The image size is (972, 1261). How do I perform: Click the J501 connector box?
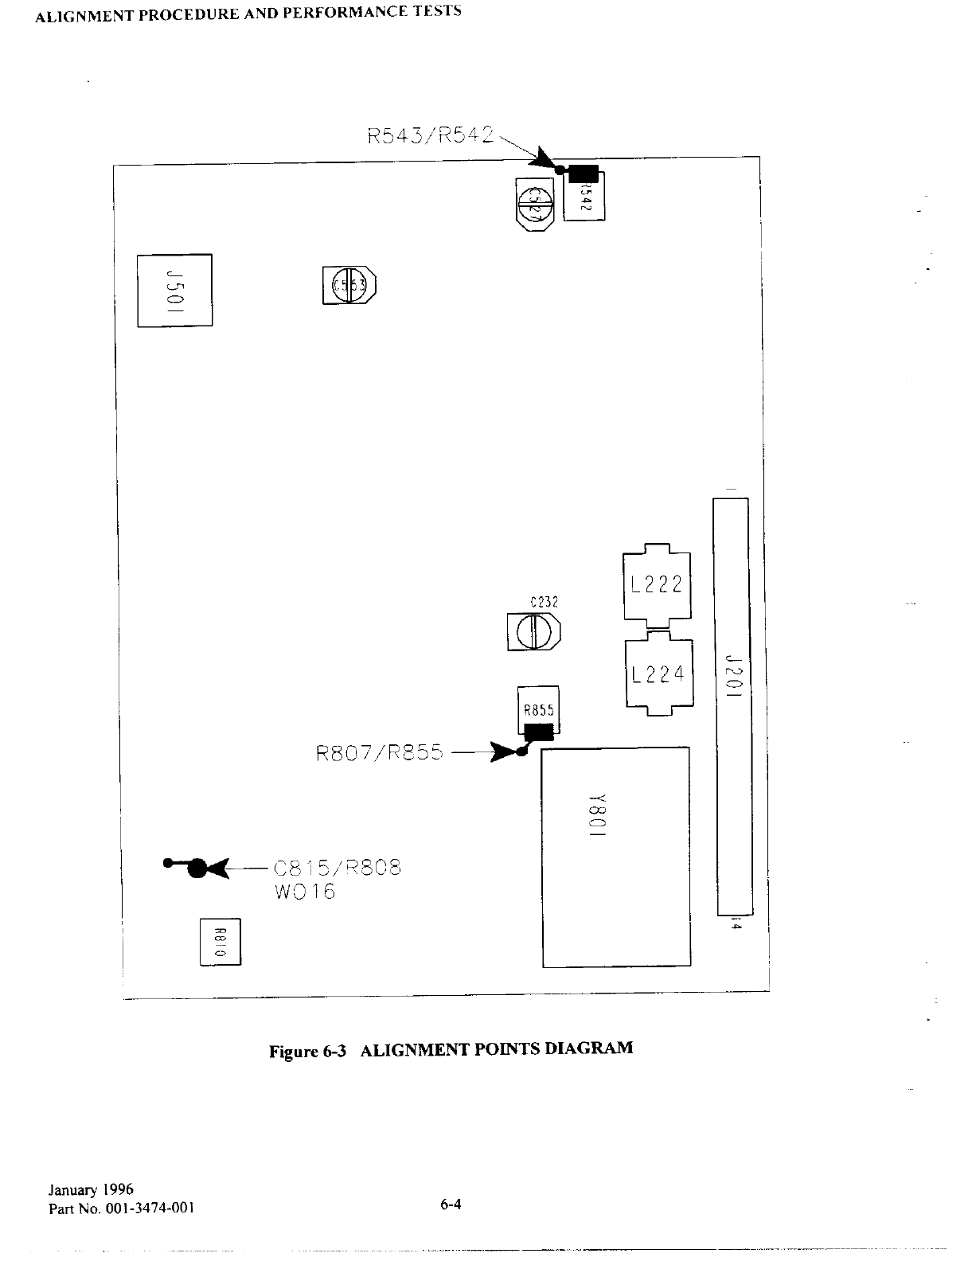(174, 290)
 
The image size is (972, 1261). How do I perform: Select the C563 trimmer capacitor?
(349, 285)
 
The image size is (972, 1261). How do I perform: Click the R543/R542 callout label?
(431, 135)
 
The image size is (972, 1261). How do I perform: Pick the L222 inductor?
(657, 585)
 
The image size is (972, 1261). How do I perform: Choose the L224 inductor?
(658, 674)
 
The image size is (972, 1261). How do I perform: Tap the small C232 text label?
(545, 603)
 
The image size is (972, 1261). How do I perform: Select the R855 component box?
(538, 709)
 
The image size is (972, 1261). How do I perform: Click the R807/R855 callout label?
(379, 752)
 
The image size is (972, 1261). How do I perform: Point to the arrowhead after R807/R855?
(504, 752)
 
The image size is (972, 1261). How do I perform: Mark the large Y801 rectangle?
(615, 857)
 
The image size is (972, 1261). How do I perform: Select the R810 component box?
(220, 942)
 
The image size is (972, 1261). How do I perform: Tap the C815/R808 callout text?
(337, 867)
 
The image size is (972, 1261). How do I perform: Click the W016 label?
(304, 892)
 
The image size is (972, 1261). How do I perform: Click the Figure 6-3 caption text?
(451, 1049)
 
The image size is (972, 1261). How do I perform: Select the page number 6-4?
(451, 1204)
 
